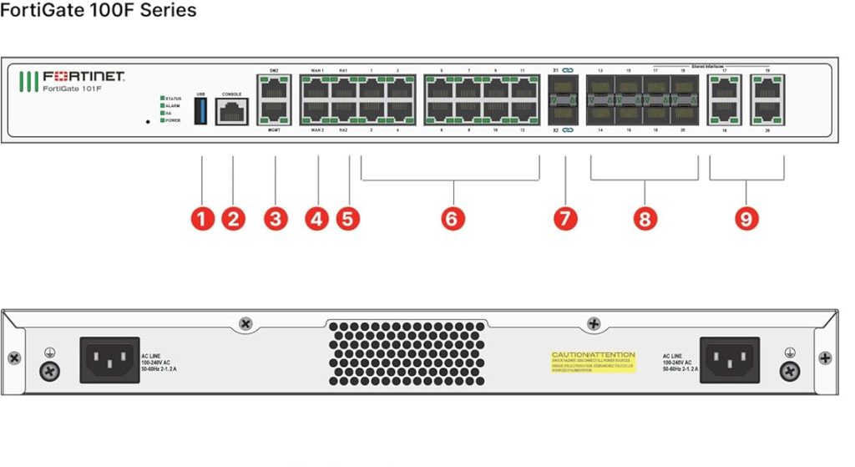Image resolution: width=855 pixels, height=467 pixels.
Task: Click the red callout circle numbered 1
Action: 202,219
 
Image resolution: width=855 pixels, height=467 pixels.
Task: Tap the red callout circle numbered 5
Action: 348,219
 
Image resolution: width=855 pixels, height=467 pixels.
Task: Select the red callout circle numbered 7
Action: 565,219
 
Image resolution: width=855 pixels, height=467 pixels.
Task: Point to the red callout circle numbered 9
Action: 746,219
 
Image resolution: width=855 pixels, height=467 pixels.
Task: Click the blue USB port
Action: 200,110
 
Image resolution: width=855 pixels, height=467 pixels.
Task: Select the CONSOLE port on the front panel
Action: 231,110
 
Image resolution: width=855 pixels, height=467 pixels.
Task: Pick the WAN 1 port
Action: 316,88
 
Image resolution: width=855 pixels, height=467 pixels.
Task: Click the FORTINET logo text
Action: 83,77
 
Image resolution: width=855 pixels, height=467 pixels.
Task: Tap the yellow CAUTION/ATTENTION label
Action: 593,361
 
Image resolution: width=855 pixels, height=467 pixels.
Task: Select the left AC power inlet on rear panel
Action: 109,360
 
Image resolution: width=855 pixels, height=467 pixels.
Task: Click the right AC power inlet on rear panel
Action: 729,360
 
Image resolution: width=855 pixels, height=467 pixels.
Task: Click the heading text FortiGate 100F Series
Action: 99,11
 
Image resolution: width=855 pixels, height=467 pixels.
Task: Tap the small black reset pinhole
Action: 148,122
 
